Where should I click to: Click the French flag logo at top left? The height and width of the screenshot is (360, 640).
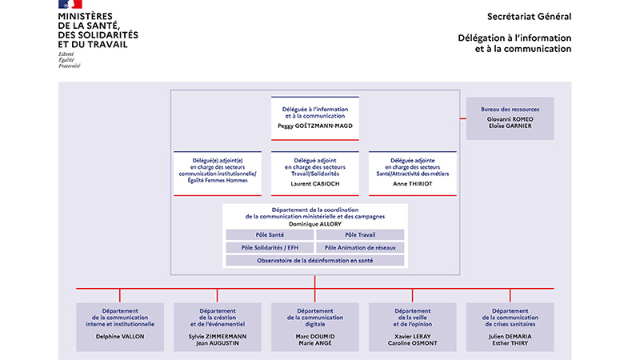point(70,4)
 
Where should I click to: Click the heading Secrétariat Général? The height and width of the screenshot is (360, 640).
point(529,17)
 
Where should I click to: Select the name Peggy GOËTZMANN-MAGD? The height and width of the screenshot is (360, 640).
point(315,126)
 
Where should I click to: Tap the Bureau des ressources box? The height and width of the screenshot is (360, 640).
point(510,118)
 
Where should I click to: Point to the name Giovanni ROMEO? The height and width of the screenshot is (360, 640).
point(510,119)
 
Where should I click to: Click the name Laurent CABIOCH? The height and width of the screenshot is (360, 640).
point(315,184)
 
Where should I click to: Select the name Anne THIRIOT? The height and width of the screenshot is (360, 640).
point(412,184)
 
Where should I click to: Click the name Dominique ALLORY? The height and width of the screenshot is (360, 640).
point(315,224)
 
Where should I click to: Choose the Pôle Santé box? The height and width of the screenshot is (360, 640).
point(270,234)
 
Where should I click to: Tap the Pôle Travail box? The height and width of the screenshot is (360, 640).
point(360,234)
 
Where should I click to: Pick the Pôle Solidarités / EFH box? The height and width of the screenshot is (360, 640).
point(270,248)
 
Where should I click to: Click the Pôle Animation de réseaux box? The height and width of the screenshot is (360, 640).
point(360,248)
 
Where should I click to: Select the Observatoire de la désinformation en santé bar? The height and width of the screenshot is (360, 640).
point(315,261)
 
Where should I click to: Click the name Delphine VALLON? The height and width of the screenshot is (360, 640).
point(120,337)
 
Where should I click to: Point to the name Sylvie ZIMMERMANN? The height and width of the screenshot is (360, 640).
point(218,337)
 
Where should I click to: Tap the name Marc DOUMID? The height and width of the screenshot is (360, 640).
point(315,337)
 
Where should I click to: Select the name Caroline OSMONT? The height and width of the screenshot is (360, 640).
point(412,343)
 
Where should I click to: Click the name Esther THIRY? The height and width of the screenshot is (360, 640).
point(510,343)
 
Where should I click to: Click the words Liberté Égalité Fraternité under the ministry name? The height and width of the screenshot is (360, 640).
point(69,59)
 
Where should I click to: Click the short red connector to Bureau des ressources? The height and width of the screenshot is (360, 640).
point(463,118)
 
